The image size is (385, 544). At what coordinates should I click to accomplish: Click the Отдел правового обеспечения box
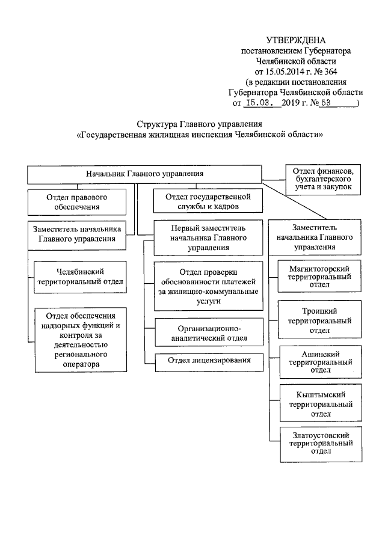point(77,201)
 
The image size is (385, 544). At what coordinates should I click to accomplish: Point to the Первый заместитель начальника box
point(208,237)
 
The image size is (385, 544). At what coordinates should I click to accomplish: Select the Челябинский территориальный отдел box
point(81,275)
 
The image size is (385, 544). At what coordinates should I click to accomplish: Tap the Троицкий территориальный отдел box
point(319,320)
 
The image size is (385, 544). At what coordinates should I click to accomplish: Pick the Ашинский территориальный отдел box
point(319,361)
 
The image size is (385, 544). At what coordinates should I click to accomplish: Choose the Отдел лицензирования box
point(209,361)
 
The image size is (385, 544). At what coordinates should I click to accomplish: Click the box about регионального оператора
point(81,340)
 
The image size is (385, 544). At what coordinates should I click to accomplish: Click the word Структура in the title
point(156,124)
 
